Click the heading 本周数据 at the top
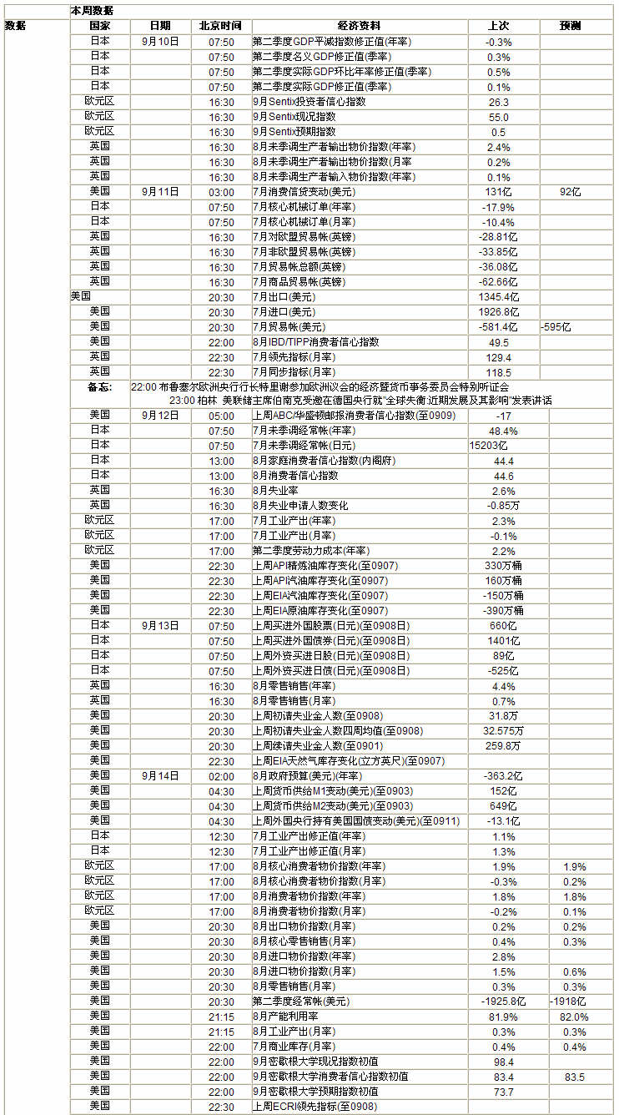coord(93,11)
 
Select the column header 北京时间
coord(221,26)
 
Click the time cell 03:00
coord(221,191)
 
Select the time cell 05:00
coord(221,415)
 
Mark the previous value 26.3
coord(499,101)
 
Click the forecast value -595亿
coord(556,326)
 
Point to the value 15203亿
coord(490,445)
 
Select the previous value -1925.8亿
coord(504,1001)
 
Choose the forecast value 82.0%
coord(575,1016)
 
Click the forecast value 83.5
coord(575,1077)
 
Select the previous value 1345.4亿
coord(500,296)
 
